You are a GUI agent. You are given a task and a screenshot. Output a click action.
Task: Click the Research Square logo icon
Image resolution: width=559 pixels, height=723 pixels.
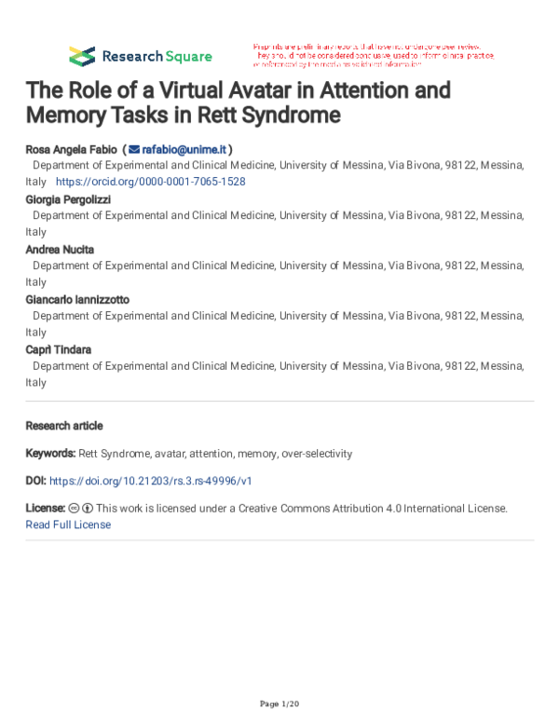(x=82, y=55)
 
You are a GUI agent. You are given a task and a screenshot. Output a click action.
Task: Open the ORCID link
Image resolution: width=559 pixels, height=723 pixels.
(x=150, y=182)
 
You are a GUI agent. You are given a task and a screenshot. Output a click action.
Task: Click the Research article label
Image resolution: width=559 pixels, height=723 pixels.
(x=64, y=426)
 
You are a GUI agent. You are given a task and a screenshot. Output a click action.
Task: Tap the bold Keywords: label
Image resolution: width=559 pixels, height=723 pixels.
(x=50, y=454)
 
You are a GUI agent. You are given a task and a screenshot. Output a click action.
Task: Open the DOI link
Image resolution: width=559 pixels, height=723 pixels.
(x=150, y=481)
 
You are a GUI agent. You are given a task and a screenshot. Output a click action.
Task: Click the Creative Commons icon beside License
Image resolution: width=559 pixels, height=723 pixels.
(x=74, y=509)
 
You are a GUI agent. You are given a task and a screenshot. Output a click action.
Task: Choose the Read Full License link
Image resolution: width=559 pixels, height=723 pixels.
(x=68, y=525)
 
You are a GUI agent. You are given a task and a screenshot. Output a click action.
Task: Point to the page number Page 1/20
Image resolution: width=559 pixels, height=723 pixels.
(x=279, y=703)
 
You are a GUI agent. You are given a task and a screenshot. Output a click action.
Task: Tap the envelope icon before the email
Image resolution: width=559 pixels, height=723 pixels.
(x=134, y=149)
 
